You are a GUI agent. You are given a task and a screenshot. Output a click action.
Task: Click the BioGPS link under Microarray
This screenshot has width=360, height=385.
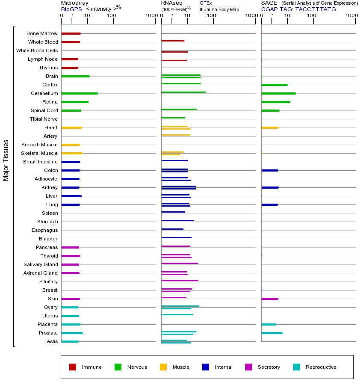click(71, 9)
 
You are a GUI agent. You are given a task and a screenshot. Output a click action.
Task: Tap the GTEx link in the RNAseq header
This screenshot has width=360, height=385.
click(206, 3)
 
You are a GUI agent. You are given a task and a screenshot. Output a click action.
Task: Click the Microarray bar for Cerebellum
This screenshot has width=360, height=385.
click(80, 93)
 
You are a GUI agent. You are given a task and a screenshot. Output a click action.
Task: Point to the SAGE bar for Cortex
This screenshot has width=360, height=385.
click(274, 85)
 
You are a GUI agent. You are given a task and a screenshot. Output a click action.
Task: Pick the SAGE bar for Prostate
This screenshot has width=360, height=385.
click(272, 333)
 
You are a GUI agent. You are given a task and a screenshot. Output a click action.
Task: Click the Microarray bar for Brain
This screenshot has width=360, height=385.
click(76, 76)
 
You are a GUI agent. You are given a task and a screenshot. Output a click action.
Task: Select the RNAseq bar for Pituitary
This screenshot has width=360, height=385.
click(180, 280)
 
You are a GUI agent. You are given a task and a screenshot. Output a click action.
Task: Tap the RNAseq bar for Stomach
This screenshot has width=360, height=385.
click(177, 220)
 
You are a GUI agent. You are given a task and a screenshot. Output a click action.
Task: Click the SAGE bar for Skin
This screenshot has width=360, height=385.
click(270, 299)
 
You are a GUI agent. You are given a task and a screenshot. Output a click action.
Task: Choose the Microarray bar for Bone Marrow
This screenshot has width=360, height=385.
click(71, 33)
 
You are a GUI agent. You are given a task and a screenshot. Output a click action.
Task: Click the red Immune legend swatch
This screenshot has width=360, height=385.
click(73, 367)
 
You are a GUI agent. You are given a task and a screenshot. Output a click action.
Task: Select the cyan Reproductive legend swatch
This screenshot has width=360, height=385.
click(296, 367)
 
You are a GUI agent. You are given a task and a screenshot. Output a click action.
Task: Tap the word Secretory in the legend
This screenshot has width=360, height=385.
click(269, 367)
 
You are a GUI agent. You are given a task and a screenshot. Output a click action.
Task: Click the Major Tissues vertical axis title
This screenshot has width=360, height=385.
click(6, 160)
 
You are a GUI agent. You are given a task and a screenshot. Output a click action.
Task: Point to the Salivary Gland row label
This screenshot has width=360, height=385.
click(41, 264)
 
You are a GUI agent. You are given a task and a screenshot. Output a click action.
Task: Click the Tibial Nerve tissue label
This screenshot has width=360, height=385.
click(44, 119)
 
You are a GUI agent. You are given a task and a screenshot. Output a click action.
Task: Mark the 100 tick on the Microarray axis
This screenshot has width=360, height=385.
click(112, 16)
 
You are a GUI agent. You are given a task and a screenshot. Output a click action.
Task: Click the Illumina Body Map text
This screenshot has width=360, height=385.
click(219, 9)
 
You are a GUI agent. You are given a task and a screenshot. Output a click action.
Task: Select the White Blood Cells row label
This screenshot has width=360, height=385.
click(37, 50)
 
